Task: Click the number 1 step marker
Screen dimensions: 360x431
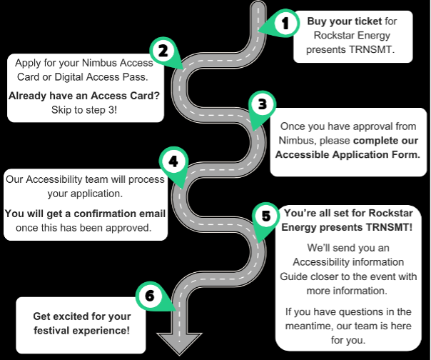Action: (285, 24)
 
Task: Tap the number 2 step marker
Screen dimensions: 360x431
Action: (163, 51)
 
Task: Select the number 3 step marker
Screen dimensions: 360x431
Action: (262, 104)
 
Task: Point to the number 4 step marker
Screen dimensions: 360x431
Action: (172, 160)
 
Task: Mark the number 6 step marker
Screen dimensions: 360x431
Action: (148, 295)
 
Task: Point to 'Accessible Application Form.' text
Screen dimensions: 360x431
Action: (348, 153)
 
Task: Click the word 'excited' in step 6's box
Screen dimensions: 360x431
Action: (82, 315)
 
